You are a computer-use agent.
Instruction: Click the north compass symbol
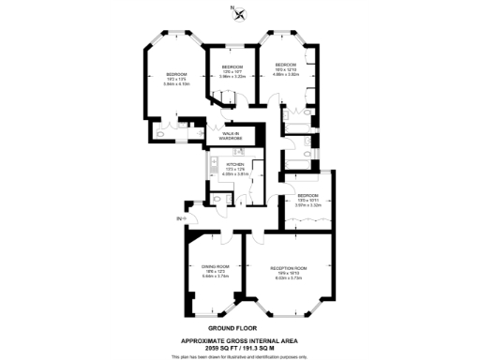[x=241, y=13]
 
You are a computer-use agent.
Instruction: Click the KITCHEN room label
[x=233, y=164]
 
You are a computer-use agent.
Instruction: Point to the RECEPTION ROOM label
[x=289, y=268]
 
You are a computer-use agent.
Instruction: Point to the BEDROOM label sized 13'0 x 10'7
[x=232, y=67]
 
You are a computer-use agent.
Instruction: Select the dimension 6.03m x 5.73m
[x=289, y=278]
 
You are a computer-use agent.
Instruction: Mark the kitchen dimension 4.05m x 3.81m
[x=233, y=174]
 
